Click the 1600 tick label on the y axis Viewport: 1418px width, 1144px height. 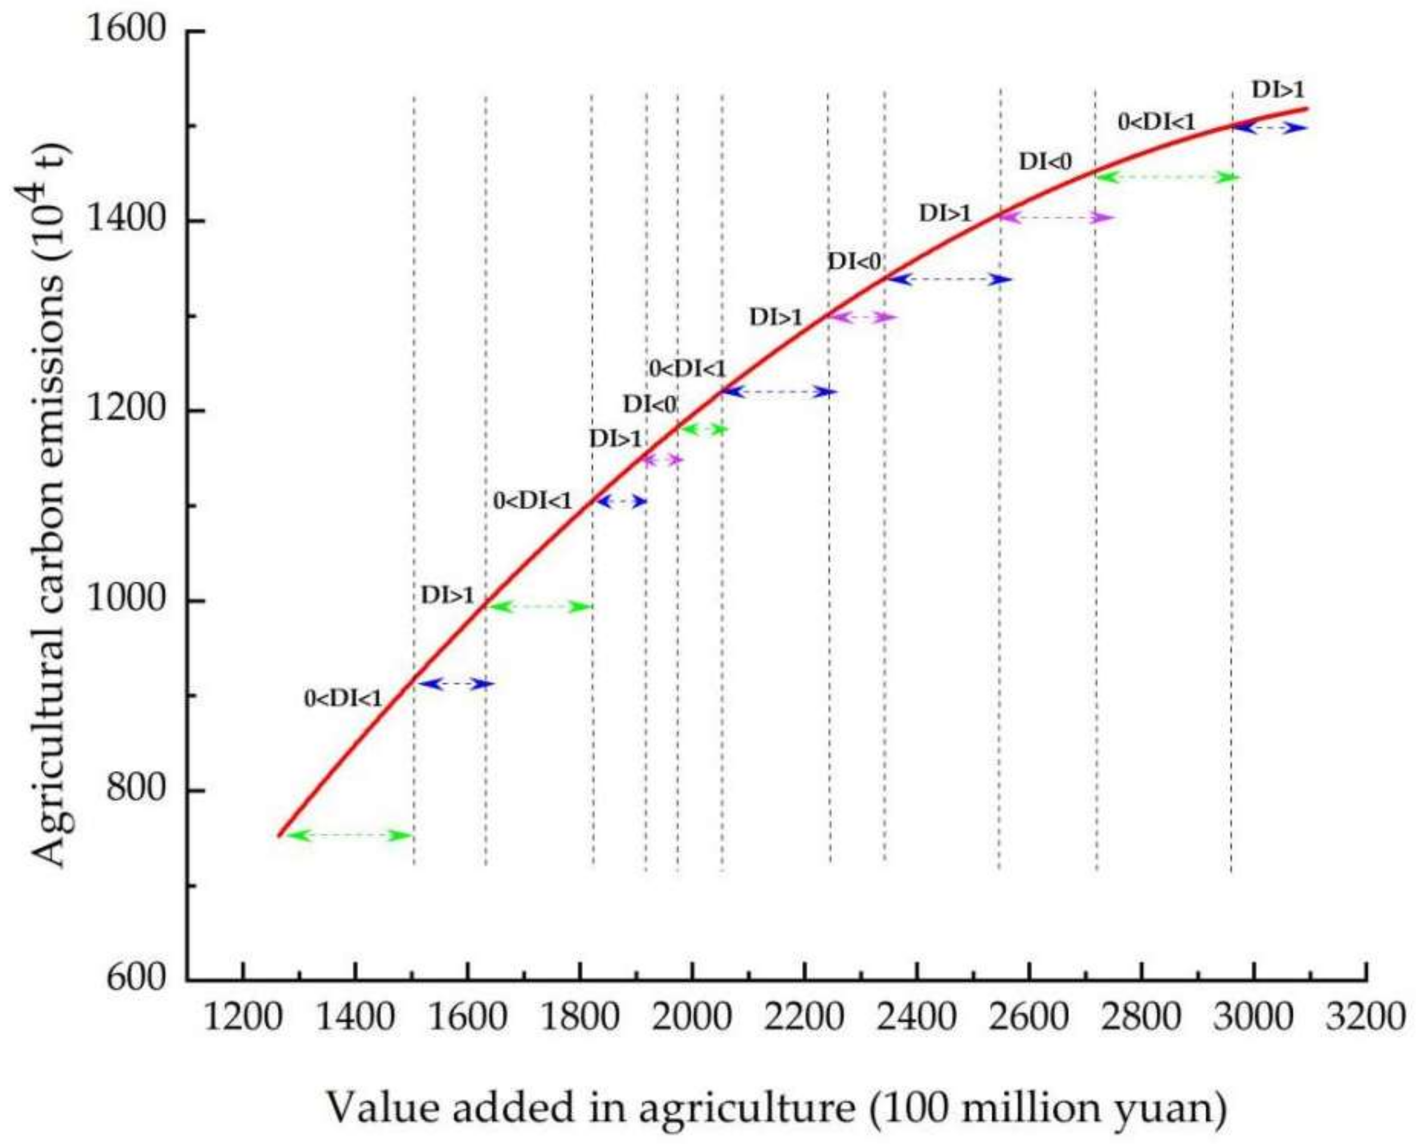[126, 31]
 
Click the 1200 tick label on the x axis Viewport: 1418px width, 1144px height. [243, 1018]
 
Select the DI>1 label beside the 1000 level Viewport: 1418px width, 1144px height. [448, 596]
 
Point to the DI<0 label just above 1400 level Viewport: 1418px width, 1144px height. [1045, 161]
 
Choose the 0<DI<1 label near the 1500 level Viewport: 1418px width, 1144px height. [1156, 122]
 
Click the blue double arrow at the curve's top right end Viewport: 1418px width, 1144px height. [1270, 129]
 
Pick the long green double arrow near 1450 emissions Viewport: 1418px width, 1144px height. [1167, 178]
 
